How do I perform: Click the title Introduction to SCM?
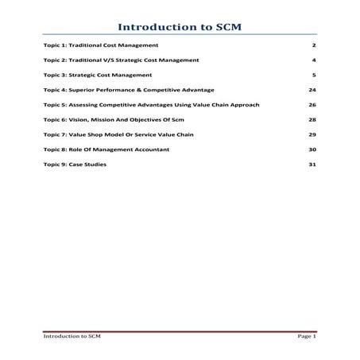pyautogui.click(x=180, y=27)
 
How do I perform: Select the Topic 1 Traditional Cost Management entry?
pyautogui.click(x=101, y=46)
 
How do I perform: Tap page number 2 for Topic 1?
pyautogui.click(x=315, y=46)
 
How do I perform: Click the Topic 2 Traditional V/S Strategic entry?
pyautogui.click(x=121, y=60)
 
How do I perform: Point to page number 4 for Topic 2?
pyautogui.click(x=315, y=60)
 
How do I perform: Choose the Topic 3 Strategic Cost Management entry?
pyautogui.click(x=97, y=75)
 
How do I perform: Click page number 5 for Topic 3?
pyautogui.click(x=315, y=75)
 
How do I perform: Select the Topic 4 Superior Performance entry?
pyautogui.click(x=129, y=90)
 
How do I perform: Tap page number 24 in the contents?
pyautogui.click(x=313, y=90)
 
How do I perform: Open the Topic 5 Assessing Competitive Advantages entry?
pyautogui.click(x=151, y=105)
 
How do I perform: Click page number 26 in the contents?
pyautogui.click(x=313, y=105)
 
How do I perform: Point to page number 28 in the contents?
pyautogui.click(x=313, y=119)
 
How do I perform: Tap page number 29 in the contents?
pyautogui.click(x=313, y=134)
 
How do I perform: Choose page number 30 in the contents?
pyautogui.click(x=313, y=149)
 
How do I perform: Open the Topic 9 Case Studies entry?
pyautogui.click(x=75, y=165)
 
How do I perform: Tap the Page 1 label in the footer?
pyautogui.click(x=307, y=337)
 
